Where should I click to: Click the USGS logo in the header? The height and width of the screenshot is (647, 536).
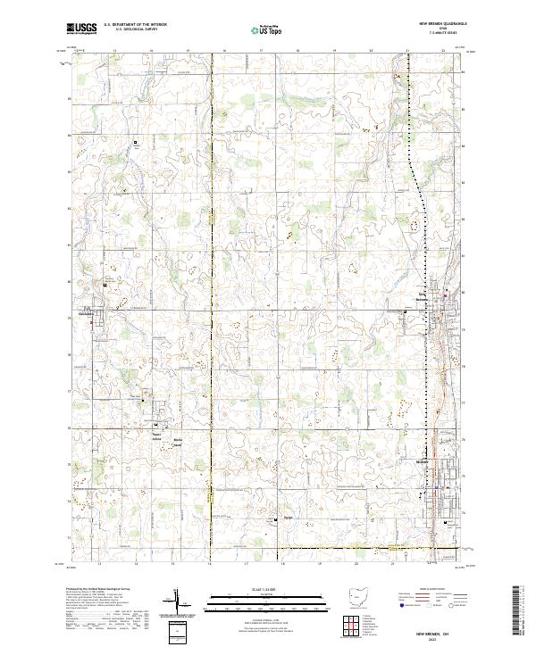(x=80, y=29)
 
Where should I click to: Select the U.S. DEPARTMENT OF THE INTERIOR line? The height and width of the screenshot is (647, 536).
(x=135, y=25)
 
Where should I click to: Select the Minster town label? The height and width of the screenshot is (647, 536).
(x=423, y=461)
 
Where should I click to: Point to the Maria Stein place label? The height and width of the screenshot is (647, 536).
(x=179, y=441)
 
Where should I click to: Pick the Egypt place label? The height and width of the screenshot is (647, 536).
(x=288, y=516)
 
